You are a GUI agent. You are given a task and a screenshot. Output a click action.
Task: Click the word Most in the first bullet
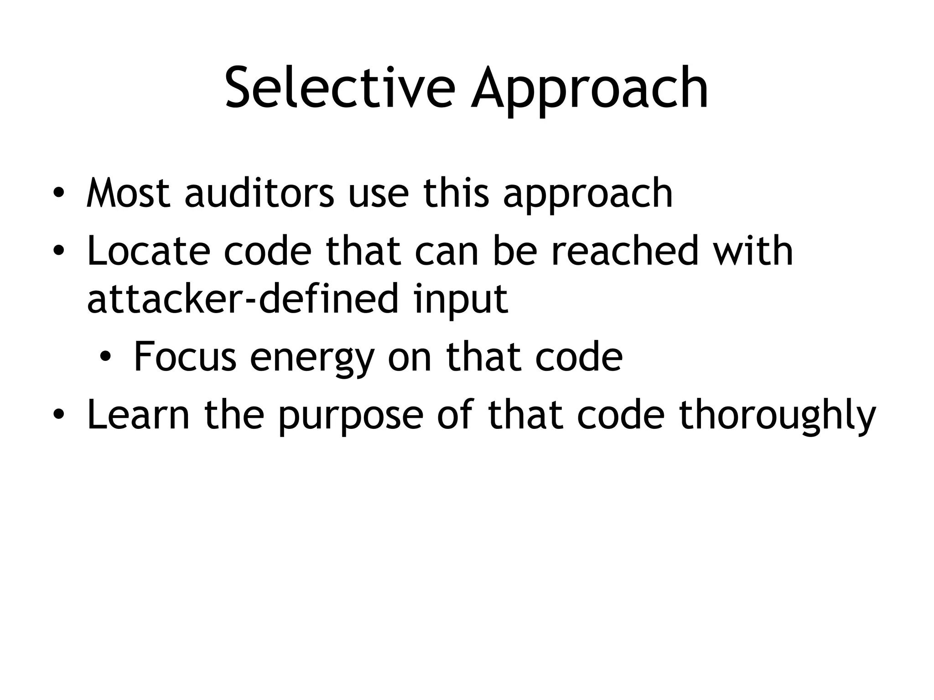pyautogui.click(x=129, y=193)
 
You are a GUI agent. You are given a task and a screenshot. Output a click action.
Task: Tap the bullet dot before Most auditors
pyautogui.click(x=58, y=194)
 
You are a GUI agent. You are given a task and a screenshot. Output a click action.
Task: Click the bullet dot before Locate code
pyautogui.click(x=58, y=252)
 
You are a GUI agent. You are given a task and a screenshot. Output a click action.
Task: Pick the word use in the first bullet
pyautogui.click(x=378, y=194)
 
